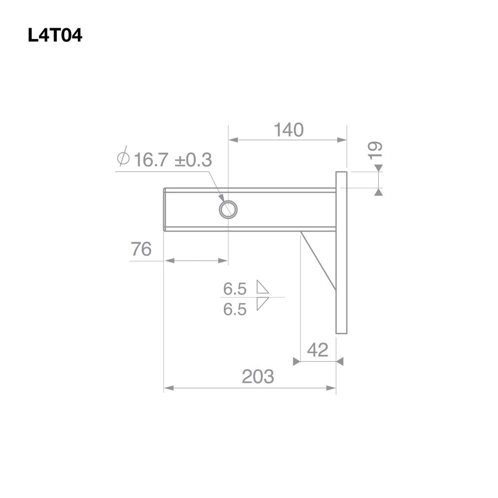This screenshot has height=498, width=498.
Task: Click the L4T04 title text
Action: [x=55, y=36]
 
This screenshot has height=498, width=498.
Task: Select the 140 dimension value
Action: [x=288, y=130]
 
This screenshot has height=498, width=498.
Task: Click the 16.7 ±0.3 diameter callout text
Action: [x=173, y=160]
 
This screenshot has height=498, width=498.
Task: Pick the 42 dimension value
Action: [x=318, y=350]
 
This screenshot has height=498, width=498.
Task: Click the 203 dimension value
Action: [x=258, y=376]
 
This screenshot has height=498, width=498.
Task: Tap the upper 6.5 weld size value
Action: [x=235, y=289]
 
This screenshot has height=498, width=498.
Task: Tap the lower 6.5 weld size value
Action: [x=235, y=309]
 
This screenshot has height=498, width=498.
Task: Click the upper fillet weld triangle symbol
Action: [x=263, y=287]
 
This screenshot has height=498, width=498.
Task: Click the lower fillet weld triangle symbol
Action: [x=262, y=303]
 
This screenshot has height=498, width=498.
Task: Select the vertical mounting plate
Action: [x=341, y=253]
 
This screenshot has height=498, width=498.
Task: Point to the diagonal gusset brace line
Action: [x=318, y=261]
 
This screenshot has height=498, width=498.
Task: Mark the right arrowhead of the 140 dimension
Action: [x=342, y=140]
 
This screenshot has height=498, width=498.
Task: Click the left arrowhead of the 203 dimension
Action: [x=168, y=388]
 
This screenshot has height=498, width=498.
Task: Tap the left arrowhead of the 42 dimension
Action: [x=296, y=361]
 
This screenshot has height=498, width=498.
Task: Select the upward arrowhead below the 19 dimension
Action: [x=378, y=193]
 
